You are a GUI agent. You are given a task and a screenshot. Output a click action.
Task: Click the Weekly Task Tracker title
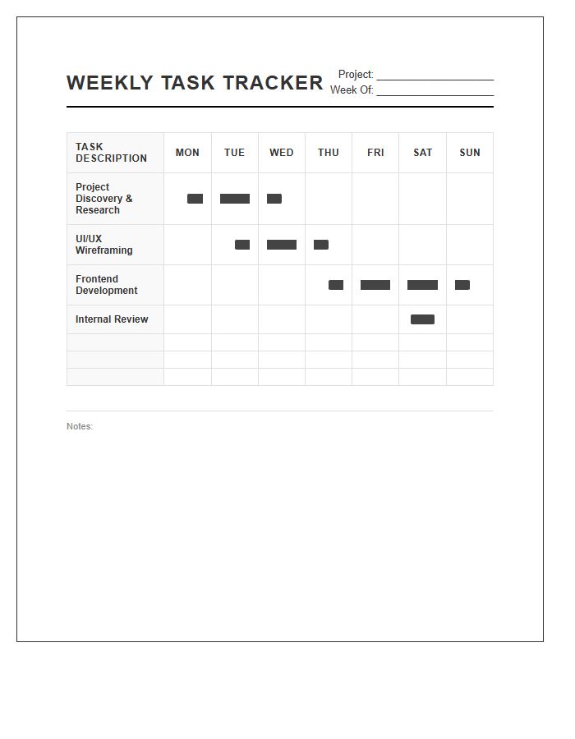coord(195,83)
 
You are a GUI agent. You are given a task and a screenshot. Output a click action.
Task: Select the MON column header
coord(187,153)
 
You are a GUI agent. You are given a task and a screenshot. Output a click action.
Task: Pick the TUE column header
coord(234,153)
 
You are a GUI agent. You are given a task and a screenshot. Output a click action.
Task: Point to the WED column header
coord(281,153)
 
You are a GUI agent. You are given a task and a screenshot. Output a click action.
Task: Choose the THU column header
coord(329,153)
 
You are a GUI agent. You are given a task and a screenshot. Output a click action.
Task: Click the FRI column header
coord(375,153)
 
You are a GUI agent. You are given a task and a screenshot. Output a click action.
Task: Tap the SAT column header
coord(422,153)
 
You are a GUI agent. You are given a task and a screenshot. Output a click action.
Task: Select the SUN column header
coord(470,153)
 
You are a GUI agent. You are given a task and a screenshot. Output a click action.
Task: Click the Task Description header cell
coord(112,153)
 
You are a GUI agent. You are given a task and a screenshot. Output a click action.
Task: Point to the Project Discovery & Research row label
coord(104,199)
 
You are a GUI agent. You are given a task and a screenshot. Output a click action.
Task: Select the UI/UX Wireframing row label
coord(104,245)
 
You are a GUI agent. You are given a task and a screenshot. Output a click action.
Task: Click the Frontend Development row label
coord(107,285)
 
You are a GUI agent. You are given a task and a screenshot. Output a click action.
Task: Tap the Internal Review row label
coord(112,319)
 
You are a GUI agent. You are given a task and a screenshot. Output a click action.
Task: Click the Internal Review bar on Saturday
coord(422,319)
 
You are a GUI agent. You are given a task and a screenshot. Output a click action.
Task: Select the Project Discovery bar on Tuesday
coord(235,199)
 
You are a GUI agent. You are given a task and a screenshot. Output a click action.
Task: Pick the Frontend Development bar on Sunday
coord(462,285)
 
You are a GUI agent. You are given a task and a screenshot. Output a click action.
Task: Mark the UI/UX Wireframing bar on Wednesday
coord(282,245)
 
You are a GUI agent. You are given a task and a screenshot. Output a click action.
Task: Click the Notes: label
coord(80,427)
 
